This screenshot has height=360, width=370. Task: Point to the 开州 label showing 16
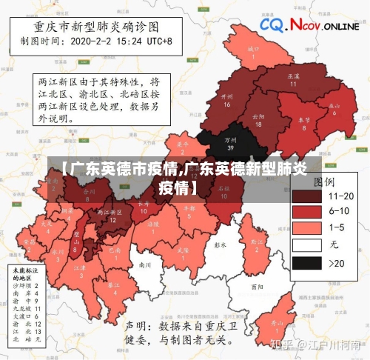tap(227, 99)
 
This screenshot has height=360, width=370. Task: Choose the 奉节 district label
tap(303, 122)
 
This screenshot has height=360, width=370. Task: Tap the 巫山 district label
tap(334, 108)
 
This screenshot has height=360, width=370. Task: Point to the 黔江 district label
tap(257, 242)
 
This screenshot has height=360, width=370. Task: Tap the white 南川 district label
tap(145, 264)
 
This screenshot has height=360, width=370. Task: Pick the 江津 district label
tap(81, 270)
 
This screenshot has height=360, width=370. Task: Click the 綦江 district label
tap(113, 287)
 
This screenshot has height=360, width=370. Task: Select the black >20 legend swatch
tap(309, 262)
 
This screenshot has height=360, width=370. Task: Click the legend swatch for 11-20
tap(309, 196)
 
